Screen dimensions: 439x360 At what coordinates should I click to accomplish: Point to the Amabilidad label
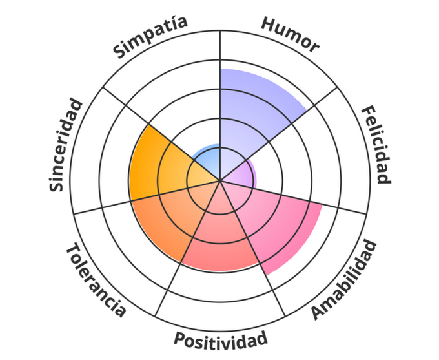342,280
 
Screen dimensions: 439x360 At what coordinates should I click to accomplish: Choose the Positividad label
220,339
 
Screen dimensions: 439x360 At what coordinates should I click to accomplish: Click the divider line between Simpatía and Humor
220,52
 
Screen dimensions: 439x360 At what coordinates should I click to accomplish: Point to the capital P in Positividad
179,339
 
